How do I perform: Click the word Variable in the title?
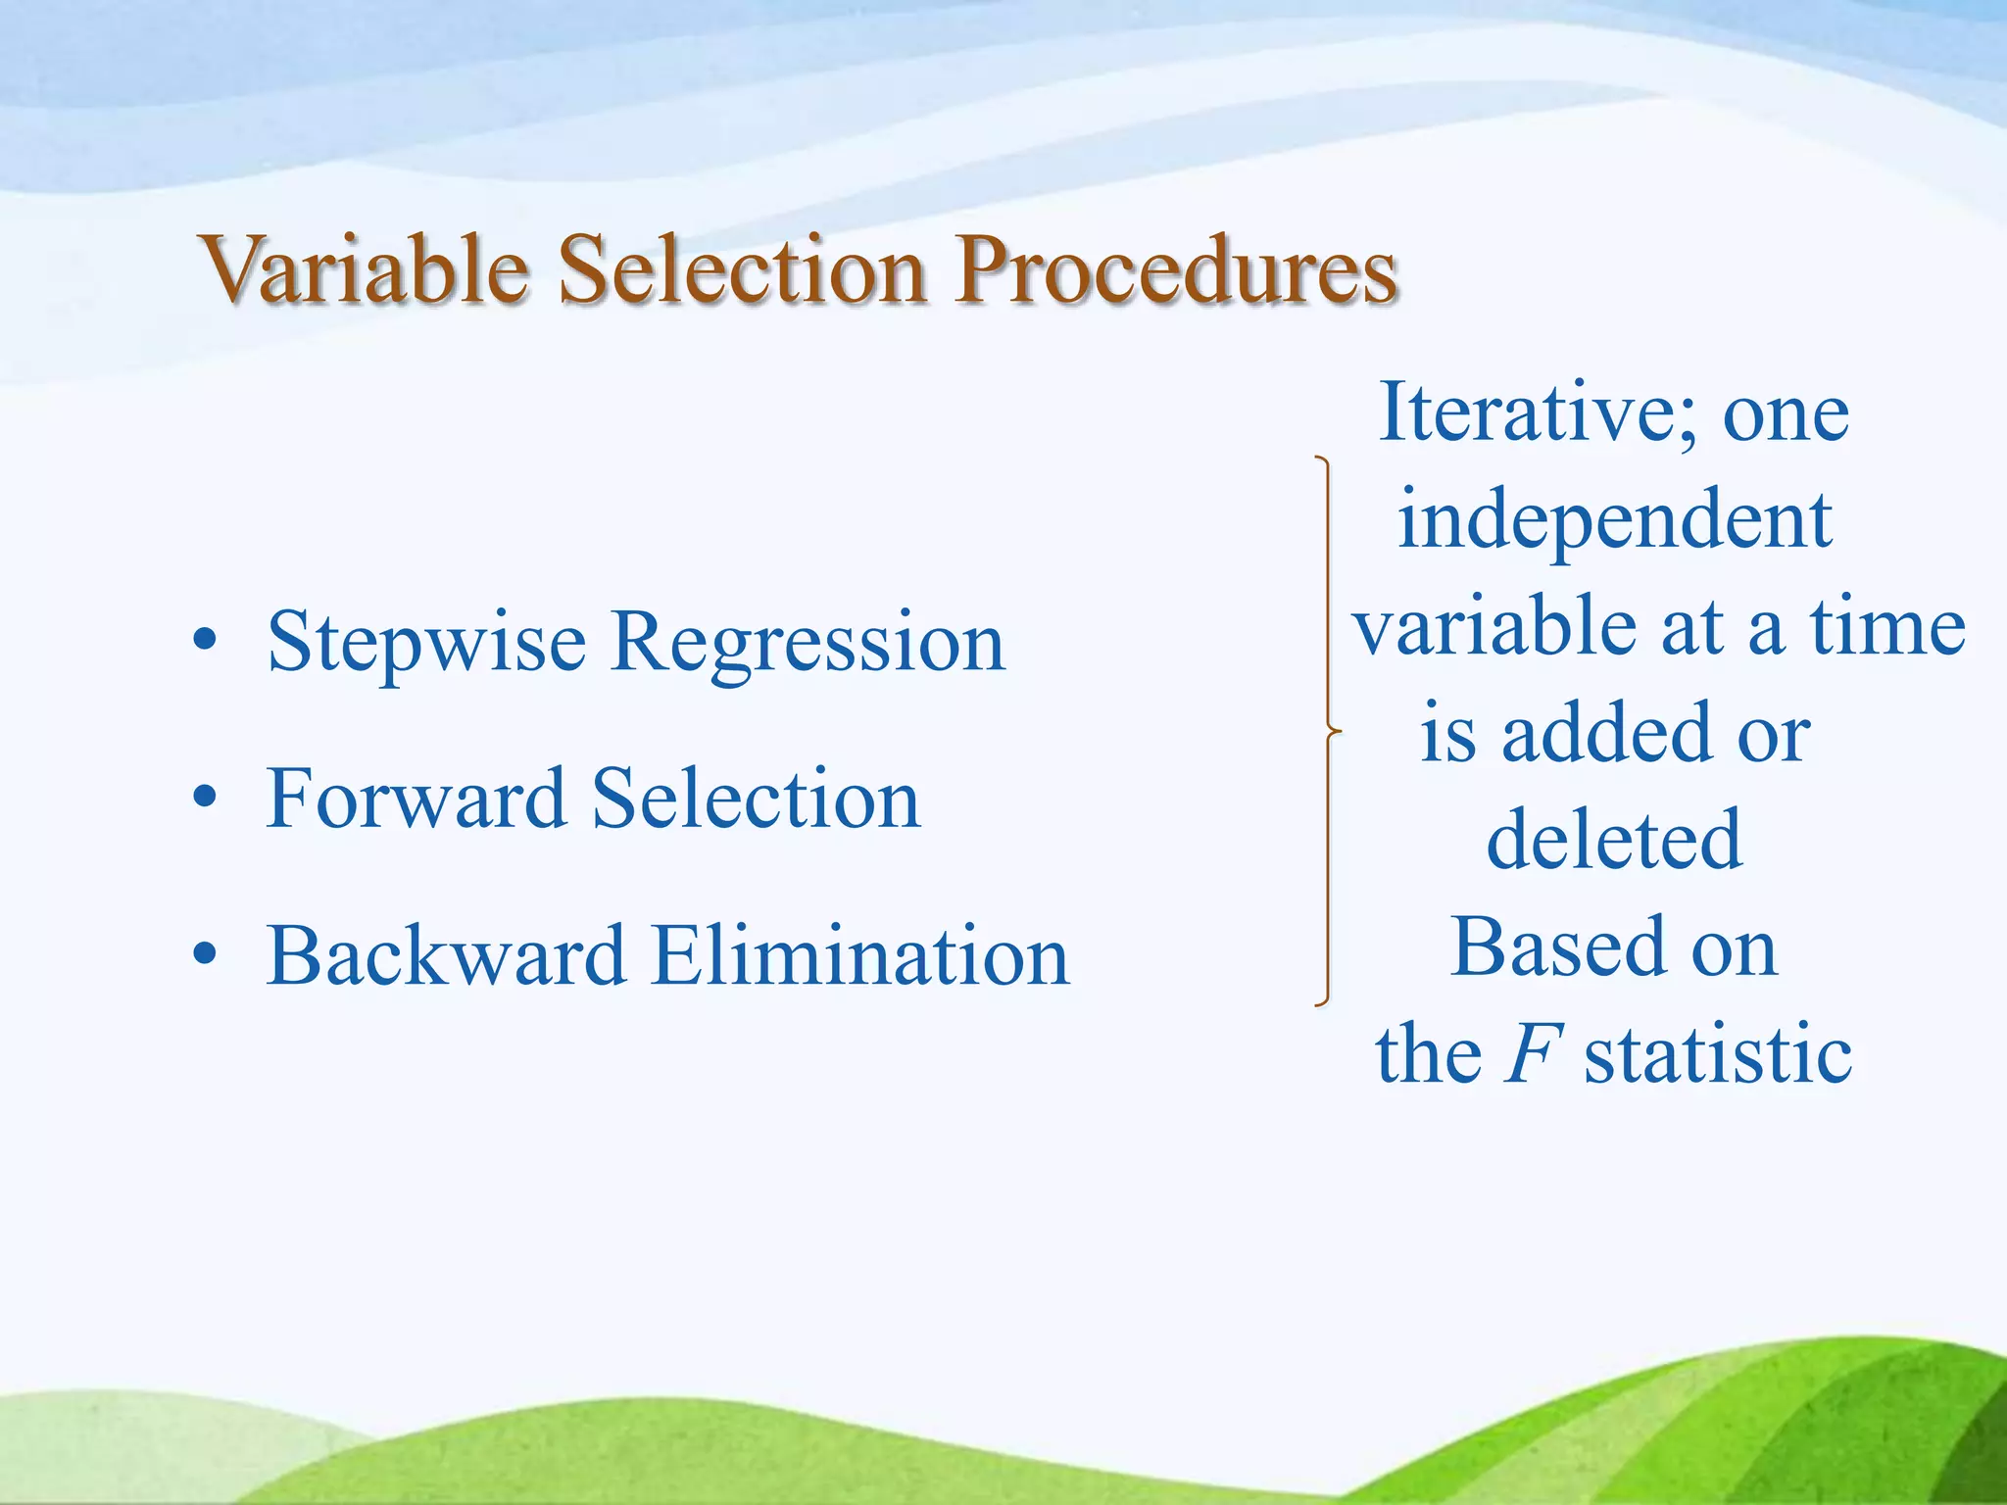tap(365, 269)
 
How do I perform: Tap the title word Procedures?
tap(1176, 269)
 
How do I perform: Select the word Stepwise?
tap(426, 644)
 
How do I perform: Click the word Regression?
tap(808, 644)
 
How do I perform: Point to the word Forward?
tap(416, 799)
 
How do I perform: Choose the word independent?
tap(1614, 521)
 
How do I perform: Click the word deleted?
tap(1614, 840)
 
